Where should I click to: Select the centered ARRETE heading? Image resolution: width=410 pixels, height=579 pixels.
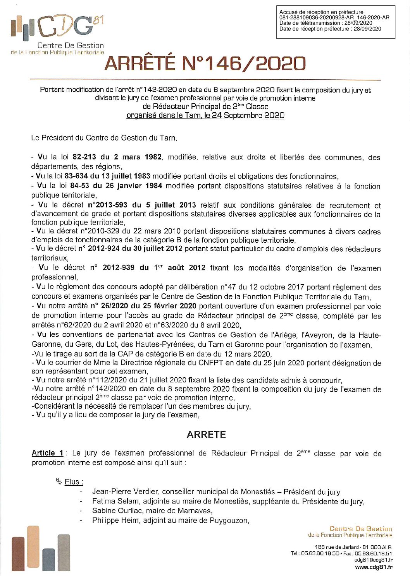pyautogui.click(x=206, y=435)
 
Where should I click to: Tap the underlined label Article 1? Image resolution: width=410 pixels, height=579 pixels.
pyautogui.click(x=47, y=453)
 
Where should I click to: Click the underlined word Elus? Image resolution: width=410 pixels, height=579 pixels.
pyautogui.click(x=74, y=482)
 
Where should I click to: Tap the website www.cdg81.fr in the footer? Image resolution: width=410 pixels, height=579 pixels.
pyautogui.click(x=374, y=567)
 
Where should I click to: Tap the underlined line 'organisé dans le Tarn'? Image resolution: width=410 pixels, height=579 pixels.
pyautogui.click(x=205, y=115)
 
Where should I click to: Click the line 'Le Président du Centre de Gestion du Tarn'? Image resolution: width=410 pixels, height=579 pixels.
pyautogui.click(x=104, y=138)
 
